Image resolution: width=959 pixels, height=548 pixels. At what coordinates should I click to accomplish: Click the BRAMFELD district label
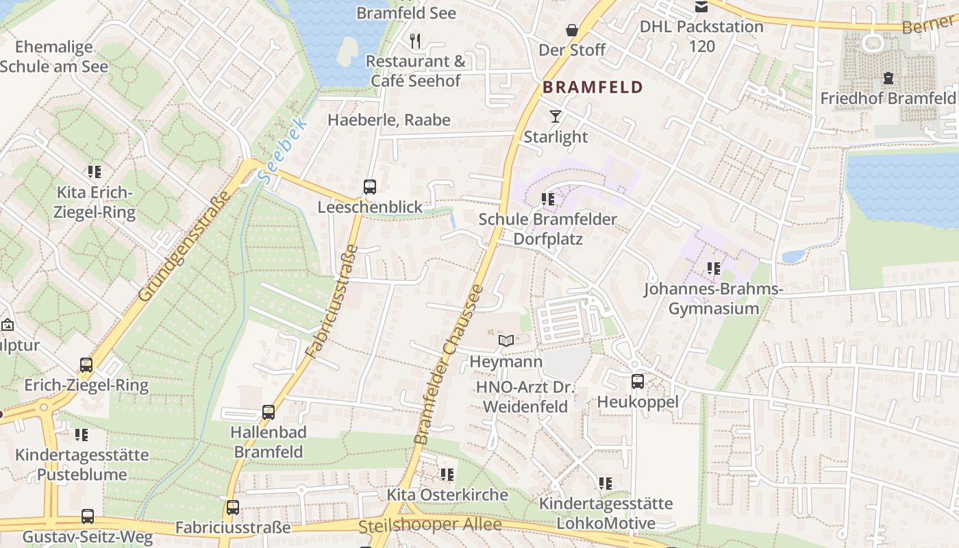tap(593, 87)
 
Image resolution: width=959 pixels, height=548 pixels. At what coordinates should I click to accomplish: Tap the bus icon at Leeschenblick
tap(369, 186)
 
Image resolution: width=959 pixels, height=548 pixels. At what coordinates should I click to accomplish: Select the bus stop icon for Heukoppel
tap(637, 381)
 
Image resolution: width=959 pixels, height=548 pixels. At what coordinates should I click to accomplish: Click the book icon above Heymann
tap(506, 340)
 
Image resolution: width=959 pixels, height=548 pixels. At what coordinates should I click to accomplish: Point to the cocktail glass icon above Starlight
tap(555, 116)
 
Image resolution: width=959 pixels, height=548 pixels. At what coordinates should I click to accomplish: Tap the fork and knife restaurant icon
tap(415, 40)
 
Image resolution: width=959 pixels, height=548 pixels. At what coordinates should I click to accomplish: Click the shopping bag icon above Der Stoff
tap(571, 30)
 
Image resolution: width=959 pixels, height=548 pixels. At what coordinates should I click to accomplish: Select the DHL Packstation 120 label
tap(701, 36)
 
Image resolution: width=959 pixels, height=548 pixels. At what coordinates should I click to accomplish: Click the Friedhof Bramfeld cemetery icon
tap(888, 78)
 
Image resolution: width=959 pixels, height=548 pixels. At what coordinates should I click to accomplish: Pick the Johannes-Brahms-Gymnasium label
tap(713, 299)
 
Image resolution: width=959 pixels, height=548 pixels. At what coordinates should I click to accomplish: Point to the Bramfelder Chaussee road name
tap(449, 363)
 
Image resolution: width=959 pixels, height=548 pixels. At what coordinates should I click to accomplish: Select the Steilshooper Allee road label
tap(429, 525)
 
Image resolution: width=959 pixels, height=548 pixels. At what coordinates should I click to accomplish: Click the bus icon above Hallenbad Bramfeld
tap(269, 412)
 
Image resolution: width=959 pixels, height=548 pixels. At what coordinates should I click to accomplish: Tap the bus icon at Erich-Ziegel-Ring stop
tap(86, 364)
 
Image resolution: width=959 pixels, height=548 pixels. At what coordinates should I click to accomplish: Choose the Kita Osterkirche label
tap(447, 495)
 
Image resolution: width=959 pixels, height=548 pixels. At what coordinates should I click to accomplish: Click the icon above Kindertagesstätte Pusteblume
tap(82, 434)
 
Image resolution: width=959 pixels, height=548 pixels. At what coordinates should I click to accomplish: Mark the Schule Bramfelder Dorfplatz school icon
tap(547, 199)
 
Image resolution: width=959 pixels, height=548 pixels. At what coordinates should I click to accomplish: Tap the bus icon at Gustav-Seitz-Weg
tap(88, 516)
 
